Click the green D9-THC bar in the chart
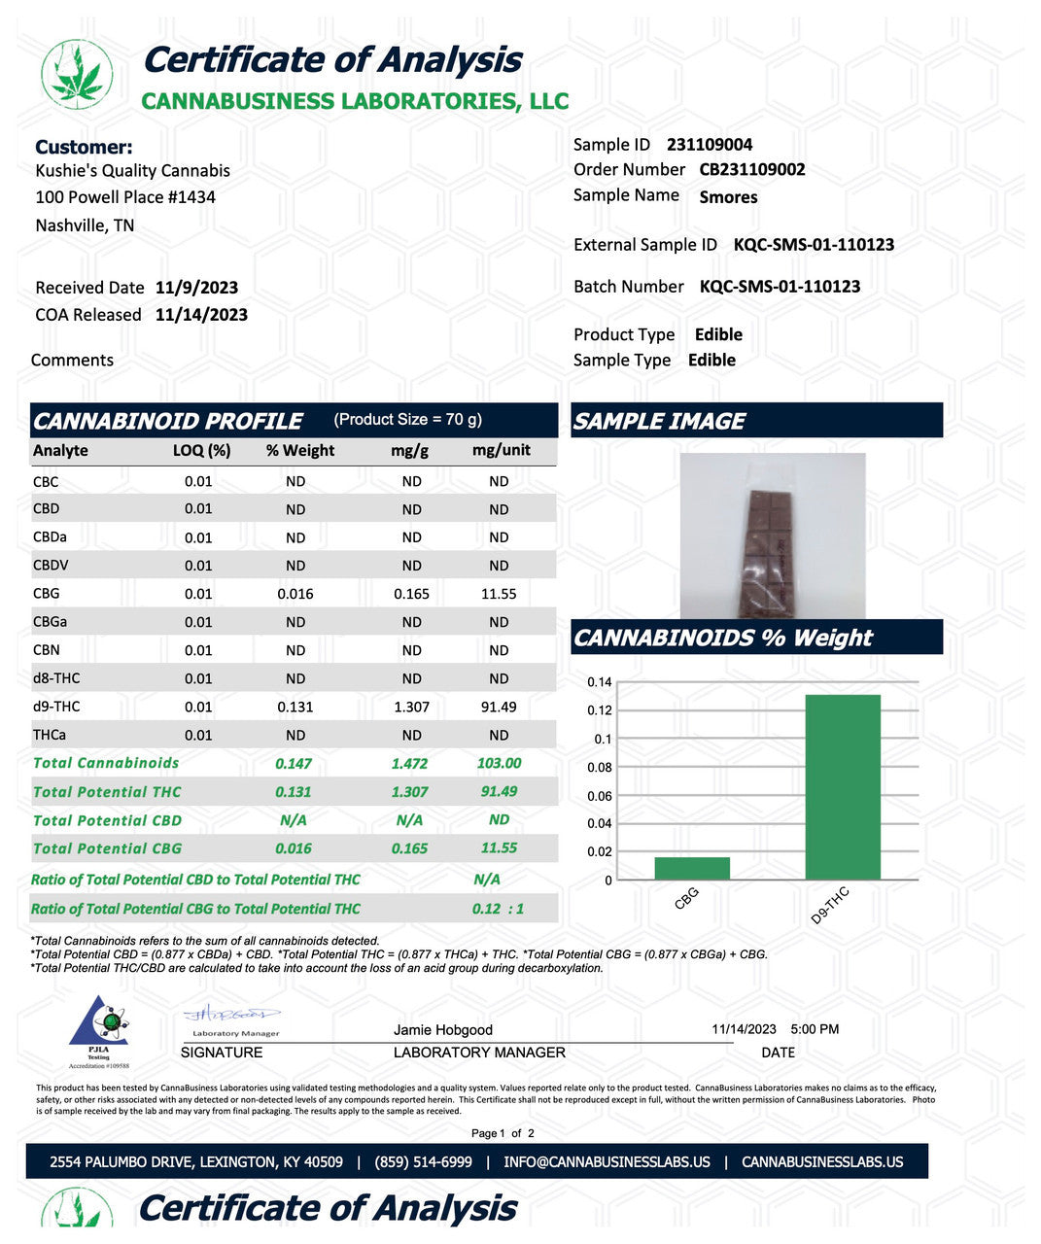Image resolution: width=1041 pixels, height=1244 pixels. tap(843, 787)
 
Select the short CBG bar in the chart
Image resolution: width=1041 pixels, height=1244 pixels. tap(692, 868)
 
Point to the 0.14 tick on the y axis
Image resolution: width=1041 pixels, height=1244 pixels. tap(600, 682)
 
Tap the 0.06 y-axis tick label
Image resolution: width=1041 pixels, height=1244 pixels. tap(600, 796)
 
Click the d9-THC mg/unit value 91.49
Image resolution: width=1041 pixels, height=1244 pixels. tap(499, 708)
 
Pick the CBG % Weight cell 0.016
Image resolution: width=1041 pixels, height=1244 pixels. tap(295, 594)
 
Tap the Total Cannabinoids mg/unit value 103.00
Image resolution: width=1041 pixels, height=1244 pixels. tap(499, 764)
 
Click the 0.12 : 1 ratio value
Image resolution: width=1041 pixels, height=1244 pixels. tap(499, 909)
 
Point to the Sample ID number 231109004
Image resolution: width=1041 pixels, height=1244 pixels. tap(710, 145)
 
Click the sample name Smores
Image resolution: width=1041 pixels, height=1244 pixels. tap(728, 197)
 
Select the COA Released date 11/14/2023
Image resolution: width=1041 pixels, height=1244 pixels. tap(201, 315)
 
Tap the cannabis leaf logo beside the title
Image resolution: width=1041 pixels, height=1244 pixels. tap(77, 74)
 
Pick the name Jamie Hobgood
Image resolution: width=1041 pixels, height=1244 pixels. tap(443, 1030)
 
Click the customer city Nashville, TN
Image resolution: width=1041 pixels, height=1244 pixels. tap(85, 225)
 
